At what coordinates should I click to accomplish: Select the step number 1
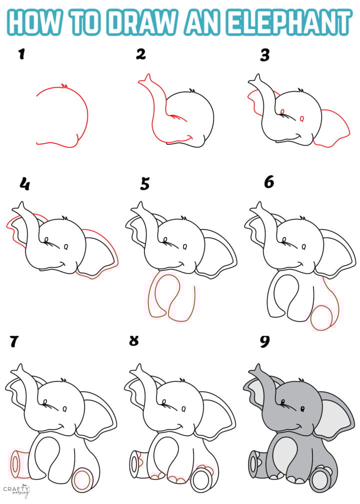(21, 54)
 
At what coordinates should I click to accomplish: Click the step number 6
(269, 182)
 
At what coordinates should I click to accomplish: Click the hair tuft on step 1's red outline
(63, 86)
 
